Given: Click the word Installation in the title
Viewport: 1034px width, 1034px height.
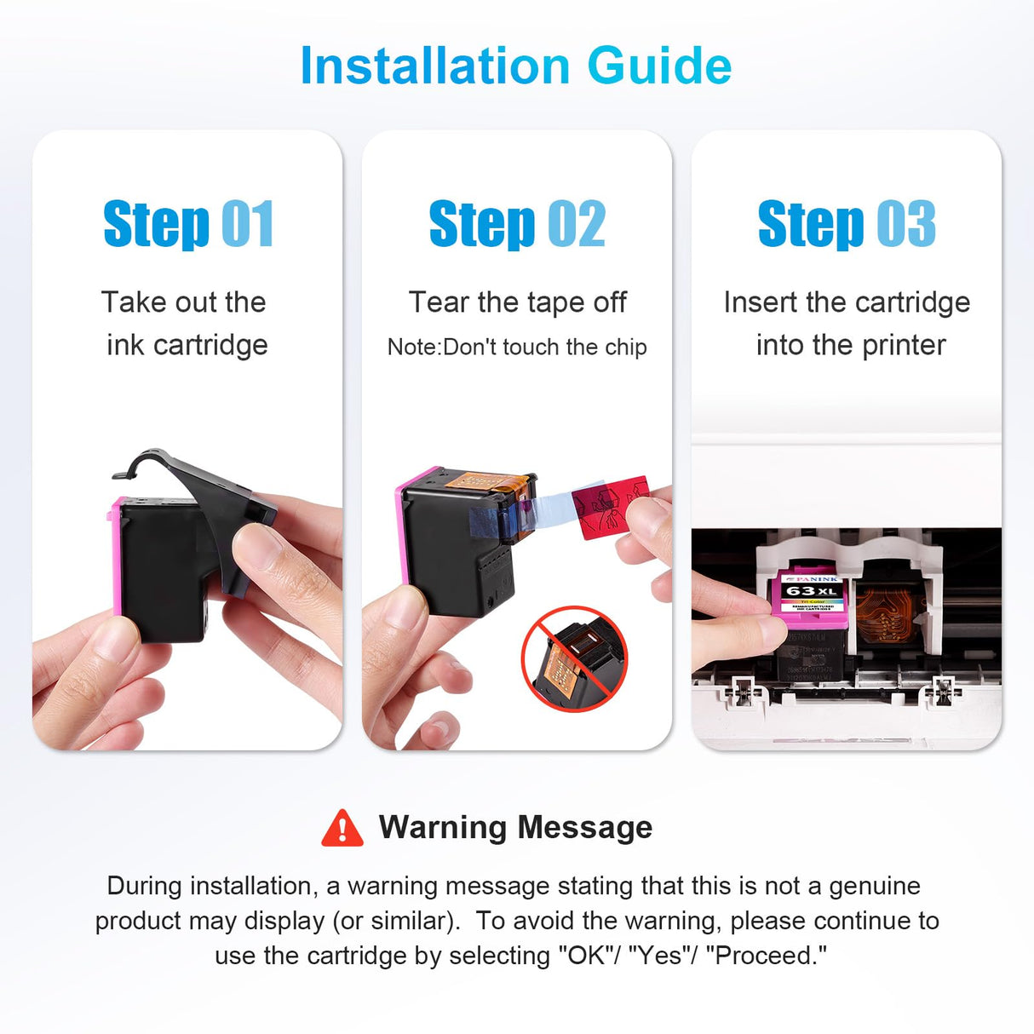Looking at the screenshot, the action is coord(435,66).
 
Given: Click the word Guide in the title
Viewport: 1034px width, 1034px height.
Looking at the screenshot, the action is coord(660,66).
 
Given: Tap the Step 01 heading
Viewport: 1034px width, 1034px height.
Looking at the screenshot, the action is coord(189,224).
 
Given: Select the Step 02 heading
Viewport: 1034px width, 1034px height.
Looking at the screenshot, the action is coord(517,224).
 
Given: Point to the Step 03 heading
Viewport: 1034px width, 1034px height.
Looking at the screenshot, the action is coord(847,224).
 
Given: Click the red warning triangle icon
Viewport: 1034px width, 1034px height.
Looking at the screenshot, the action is coord(342,828).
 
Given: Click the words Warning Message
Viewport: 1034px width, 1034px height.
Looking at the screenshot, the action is coord(515,827).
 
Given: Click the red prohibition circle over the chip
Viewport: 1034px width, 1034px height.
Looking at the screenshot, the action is coord(574,659).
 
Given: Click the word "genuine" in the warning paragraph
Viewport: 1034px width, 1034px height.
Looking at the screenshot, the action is coord(875,886).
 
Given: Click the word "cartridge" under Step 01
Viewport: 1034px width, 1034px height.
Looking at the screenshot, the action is coord(210,345).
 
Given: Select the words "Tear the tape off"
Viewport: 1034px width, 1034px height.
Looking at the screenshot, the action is coord(517,302).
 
